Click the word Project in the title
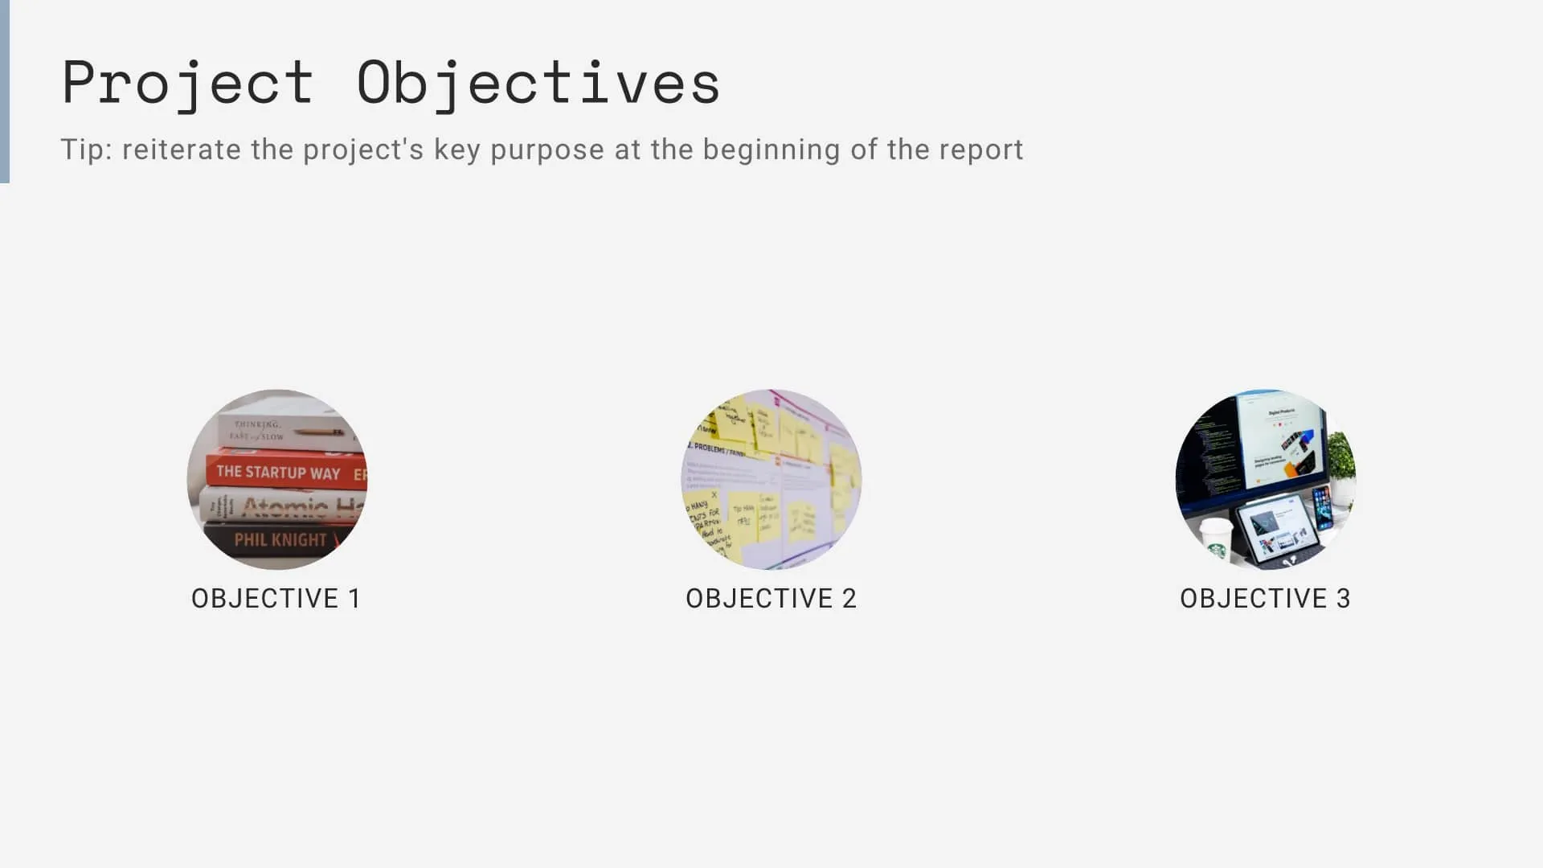point(187,83)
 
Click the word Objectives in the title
point(538,83)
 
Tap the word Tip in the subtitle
point(85,149)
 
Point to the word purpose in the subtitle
point(546,151)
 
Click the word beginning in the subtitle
point(771,151)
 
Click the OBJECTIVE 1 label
point(276,598)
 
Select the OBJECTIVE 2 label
point(771,598)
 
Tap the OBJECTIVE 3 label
point(1265,598)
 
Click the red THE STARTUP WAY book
point(281,472)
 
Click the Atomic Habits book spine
point(285,506)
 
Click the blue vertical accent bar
point(5,92)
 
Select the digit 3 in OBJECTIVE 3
point(1343,598)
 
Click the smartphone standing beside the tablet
point(1322,508)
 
